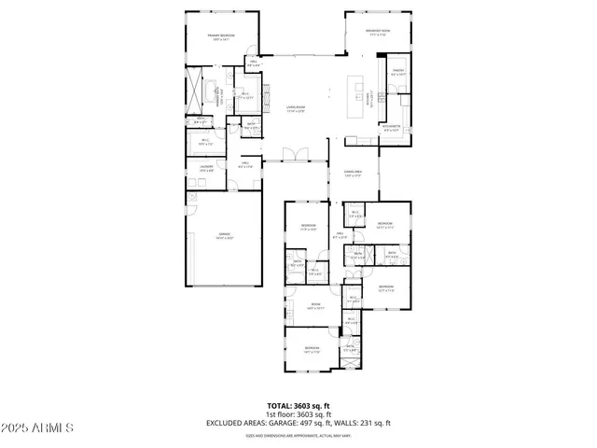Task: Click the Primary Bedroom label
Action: [221, 36]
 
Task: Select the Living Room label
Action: [297, 110]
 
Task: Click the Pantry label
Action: [397, 72]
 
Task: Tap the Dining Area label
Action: [352, 173]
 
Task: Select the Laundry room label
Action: [206, 168]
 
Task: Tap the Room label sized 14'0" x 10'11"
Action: [316, 306]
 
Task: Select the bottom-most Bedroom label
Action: [312, 350]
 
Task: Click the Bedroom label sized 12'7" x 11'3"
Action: [386, 287]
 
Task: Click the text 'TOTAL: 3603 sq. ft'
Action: [298, 406]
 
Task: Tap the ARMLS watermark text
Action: [38, 427]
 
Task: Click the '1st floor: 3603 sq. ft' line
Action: [298, 414]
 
